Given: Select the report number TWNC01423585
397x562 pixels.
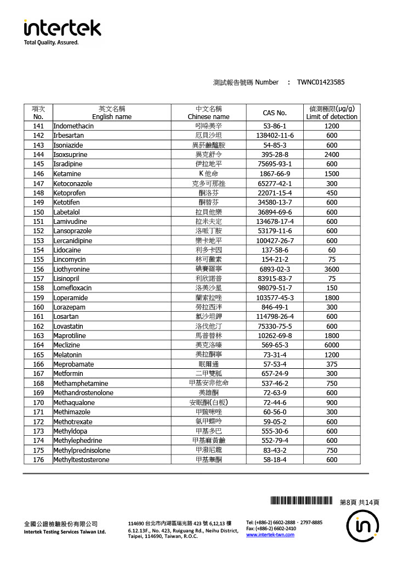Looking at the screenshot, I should [x=321, y=82].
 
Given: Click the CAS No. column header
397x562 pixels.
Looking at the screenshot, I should [x=275, y=113].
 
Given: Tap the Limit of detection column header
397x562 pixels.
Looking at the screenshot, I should [x=331, y=113].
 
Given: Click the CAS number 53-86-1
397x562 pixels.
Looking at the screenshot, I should [x=275, y=126].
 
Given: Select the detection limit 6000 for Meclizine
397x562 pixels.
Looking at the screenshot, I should [x=331, y=345].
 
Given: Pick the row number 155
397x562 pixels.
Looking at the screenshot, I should [x=38, y=260].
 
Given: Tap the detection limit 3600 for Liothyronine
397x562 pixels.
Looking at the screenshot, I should [x=331, y=269].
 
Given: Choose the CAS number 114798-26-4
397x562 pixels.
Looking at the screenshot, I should [x=275, y=317].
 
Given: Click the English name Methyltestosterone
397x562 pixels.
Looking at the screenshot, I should [x=81, y=460].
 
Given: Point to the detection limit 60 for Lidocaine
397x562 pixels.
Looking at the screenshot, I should [x=331, y=250].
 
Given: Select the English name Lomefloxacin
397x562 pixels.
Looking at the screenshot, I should [x=72, y=288].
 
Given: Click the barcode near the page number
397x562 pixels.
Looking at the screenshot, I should [x=302, y=500].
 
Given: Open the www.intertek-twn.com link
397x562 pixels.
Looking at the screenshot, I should [x=270, y=535].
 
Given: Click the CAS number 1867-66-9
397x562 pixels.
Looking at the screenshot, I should [x=275, y=174].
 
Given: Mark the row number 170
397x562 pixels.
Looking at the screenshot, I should [x=38, y=402].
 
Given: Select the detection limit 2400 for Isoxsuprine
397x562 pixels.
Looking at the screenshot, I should [x=331, y=155].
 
